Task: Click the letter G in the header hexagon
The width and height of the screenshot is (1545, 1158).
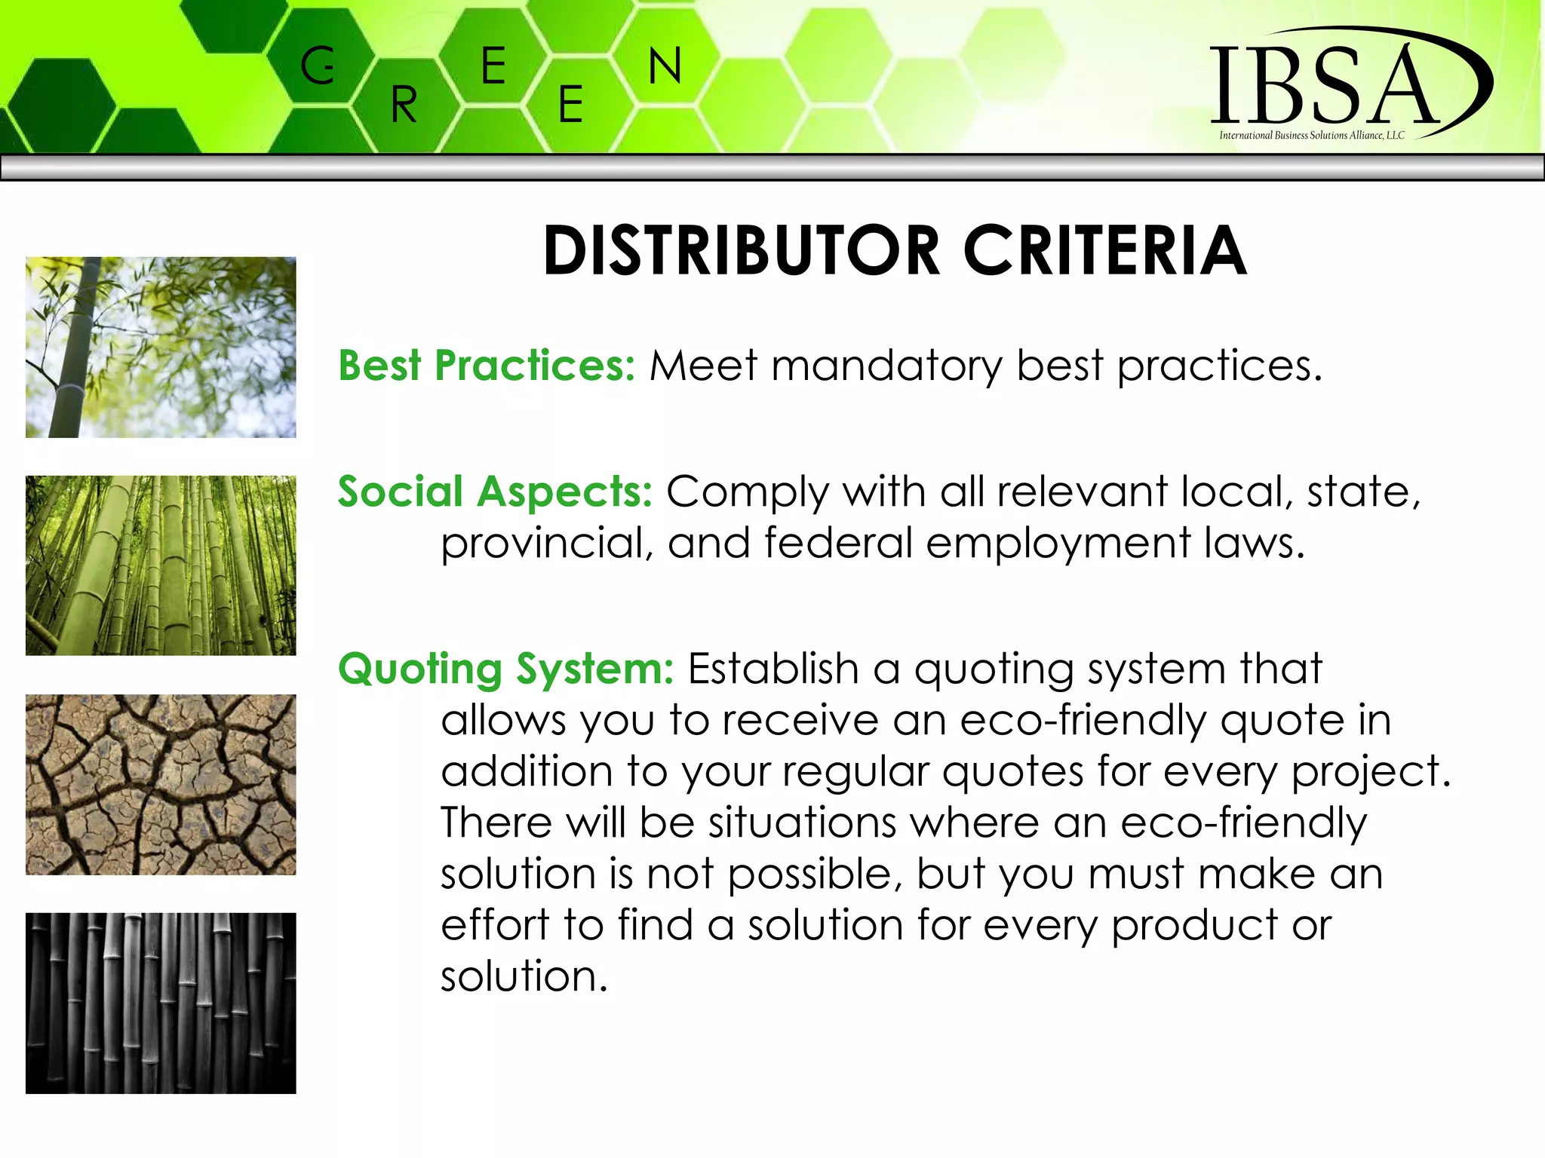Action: coord(318,66)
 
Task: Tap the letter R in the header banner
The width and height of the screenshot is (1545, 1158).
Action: coord(404,105)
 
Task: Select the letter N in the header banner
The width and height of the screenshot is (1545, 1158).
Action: coord(665,66)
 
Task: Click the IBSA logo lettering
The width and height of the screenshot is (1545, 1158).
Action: coord(1325,85)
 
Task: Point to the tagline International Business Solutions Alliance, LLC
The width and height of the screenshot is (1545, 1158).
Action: coord(1311,136)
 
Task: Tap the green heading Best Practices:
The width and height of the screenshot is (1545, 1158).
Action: coord(487,366)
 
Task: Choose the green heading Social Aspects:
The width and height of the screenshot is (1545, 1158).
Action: coord(495,492)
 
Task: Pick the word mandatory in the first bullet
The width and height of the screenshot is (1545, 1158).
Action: coord(886,367)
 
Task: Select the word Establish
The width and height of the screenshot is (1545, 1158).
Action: coord(773,669)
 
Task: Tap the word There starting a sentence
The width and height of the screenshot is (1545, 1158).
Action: coord(496,822)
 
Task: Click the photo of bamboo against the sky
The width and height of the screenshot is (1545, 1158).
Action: coord(161,348)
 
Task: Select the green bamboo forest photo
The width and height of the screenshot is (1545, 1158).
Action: coord(161,565)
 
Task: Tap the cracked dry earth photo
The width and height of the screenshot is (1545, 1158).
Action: coord(161,784)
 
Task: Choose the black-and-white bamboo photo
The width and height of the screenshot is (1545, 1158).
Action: coord(161,1003)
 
